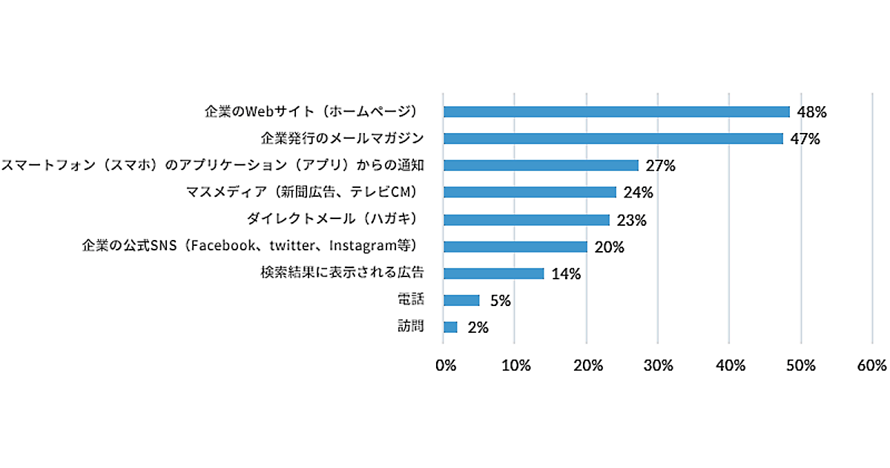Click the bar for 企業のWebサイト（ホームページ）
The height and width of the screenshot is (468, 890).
pos(616,111)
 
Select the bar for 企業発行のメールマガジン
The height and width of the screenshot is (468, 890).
pos(613,138)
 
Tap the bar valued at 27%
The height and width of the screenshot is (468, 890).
pos(541,165)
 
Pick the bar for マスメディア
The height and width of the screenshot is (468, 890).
pos(530,192)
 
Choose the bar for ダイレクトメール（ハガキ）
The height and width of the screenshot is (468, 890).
pos(526,220)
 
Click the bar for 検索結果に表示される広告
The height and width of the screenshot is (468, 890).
pos(493,273)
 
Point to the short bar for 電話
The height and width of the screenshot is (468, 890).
pos(461,300)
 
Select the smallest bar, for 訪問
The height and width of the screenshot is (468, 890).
pos(450,327)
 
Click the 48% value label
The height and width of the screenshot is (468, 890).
pos(811,112)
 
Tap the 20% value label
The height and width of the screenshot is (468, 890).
pos(609,247)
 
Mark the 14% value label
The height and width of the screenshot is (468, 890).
pos(566,274)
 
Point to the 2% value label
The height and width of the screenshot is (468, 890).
pos(478,328)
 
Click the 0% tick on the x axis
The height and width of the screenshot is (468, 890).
pos(445,365)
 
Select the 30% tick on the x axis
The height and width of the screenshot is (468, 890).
pos(659,365)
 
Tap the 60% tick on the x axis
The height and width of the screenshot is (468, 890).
pos(871,365)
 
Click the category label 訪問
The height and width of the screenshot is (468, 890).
pos(411,325)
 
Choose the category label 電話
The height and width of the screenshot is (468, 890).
pos(411,299)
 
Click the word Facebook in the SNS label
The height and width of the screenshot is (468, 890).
pos(220,246)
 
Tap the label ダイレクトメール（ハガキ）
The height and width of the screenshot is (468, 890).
pos(334,219)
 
